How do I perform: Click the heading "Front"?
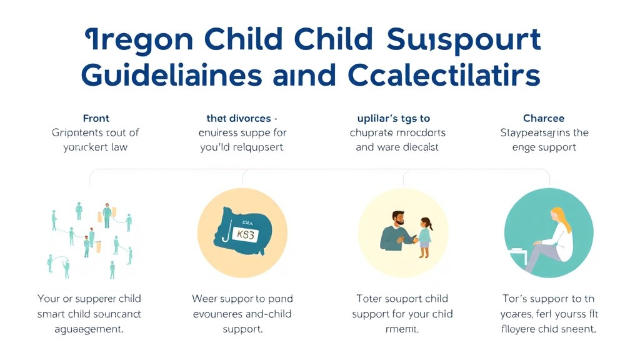pyautogui.click(x=96, y=118)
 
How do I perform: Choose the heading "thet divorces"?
pyautogui.click(x=241, y=118)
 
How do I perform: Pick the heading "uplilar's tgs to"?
pyautogui.click(x=393, y=118)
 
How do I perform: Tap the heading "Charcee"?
pyautogui.click(x=544, y=118)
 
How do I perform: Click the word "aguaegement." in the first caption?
pyautogui.click(x=89, y=329)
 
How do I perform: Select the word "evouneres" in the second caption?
pyautogui.click(x=217, y=314)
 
